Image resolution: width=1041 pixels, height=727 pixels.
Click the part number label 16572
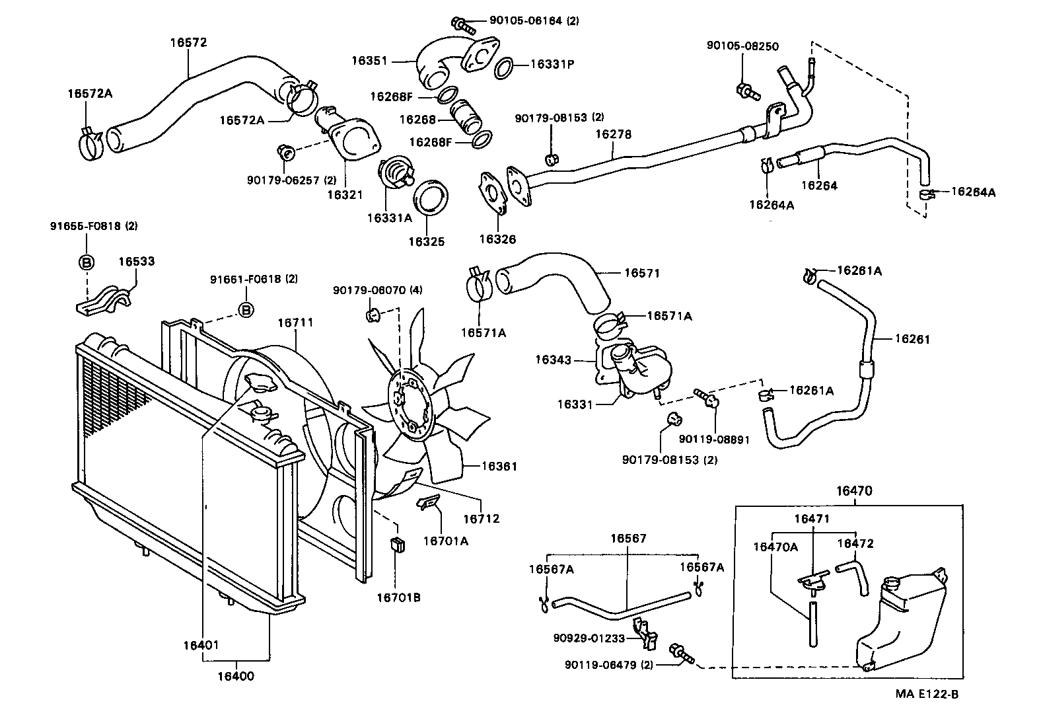click(x=188, y=43)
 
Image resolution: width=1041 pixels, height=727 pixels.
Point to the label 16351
click(x=369, y=61)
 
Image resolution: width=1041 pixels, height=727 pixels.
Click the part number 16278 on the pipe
click(x=613, y=134)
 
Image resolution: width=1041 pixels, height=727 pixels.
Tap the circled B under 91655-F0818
click(x=87, y=262)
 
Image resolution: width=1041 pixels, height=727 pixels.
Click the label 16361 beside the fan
click(x=499, y=467)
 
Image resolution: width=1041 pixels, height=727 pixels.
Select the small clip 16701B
click(x=398, y=546)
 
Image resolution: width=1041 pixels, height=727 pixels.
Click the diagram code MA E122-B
click(x=926, y=694)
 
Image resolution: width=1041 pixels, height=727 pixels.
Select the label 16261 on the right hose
click(x=912, y=339)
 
